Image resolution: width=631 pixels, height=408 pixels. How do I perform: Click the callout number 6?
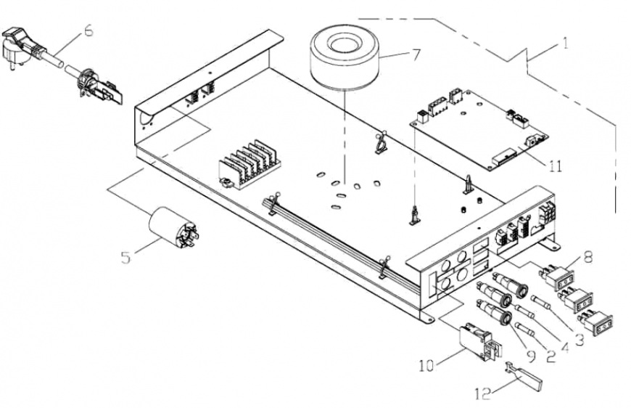click(88, 30)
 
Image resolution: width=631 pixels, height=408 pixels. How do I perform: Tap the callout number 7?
click(416, 54)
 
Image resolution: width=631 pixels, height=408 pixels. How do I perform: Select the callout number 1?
click(566, 43)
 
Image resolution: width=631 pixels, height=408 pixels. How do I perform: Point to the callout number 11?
click(555, 166)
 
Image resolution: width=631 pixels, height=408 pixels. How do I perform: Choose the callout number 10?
click(426, 366)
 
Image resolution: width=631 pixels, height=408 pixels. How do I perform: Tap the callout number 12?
click(483, 393)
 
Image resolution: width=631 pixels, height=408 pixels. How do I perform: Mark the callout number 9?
click(531, 356)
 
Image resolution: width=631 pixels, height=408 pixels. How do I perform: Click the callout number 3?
click(579, 340)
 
